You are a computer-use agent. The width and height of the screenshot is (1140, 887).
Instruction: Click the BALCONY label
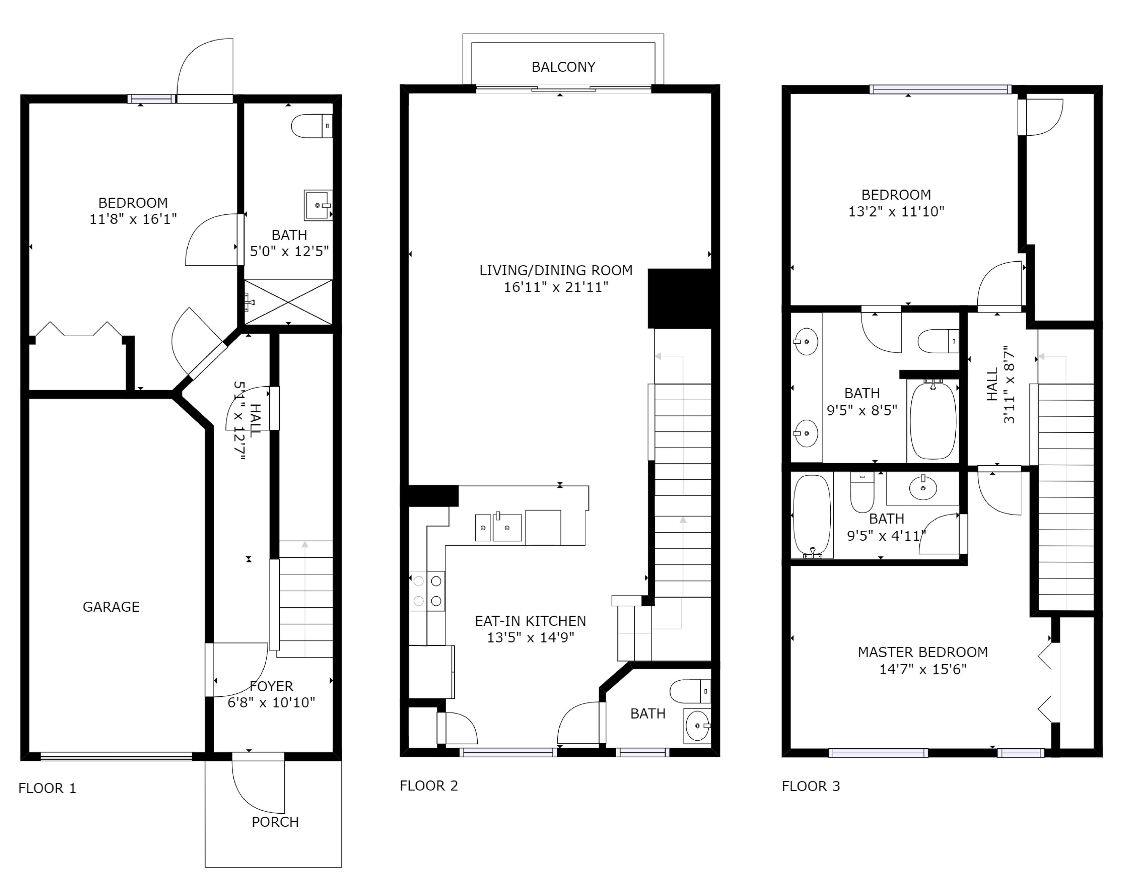[x=563, y=67]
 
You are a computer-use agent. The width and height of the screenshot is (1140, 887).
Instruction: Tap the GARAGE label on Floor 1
[x=111, y=607]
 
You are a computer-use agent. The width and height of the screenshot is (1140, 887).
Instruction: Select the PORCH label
[x=275, y=822]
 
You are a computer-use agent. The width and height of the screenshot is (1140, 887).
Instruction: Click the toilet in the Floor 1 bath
[x=312, y=126]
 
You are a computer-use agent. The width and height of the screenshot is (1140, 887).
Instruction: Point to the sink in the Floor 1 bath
[x=318, y=205]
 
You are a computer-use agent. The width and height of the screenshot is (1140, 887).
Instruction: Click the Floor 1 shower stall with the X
[x=288, y=302]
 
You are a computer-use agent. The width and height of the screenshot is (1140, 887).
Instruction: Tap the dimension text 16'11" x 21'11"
[x=556, y=287]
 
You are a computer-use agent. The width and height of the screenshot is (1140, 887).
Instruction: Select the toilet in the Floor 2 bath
[x=690, y=691]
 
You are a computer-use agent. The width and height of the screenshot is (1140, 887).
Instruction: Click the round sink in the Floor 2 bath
[x=697, y=726]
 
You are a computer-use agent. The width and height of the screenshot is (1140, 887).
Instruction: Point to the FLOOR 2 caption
[x=429, y=786]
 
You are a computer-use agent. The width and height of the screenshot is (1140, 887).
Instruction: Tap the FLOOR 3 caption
[x=811, y=786]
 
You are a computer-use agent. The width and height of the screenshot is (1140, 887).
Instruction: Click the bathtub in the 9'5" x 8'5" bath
[x=933, y=420]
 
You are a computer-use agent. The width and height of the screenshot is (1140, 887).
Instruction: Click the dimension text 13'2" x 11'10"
[x=896, y=211]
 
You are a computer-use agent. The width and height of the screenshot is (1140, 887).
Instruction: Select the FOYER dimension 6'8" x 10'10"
[x=271, y=702]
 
